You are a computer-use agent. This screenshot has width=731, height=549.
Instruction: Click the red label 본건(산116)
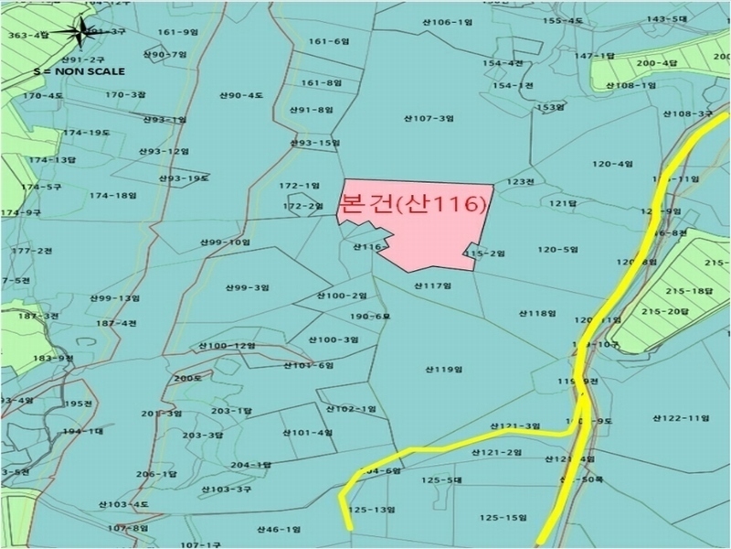click(410, 204)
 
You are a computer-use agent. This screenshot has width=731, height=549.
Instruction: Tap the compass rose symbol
click(82, 33)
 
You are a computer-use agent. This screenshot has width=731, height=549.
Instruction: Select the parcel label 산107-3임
click(429, 118)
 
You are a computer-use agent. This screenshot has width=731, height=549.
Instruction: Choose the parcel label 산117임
click(433, 285)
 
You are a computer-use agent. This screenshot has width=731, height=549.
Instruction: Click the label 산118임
click(537, 313)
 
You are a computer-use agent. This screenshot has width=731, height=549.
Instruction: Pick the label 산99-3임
click(247, 287)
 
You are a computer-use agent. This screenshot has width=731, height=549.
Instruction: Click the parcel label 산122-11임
click(681, 417)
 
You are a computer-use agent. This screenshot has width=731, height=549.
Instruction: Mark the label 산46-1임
click(279, 529)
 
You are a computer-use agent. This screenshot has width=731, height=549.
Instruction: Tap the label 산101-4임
click(307, 432)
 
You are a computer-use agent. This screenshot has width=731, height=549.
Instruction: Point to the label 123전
click(520, 181)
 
